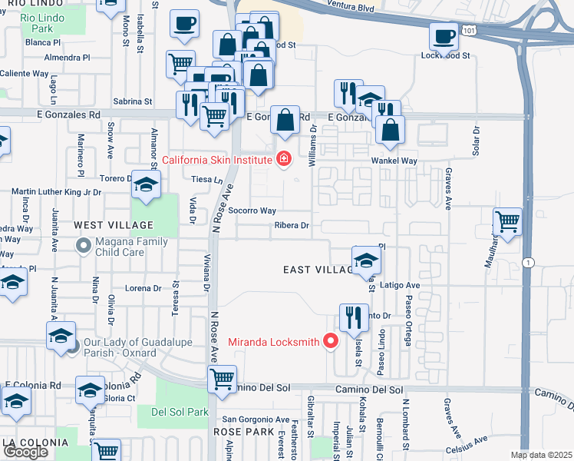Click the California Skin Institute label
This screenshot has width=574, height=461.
point(217,160)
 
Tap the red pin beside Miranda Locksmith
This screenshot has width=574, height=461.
point(332,341)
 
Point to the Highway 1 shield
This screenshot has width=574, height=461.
point(527,263)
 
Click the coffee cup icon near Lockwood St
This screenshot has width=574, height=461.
point(443,35)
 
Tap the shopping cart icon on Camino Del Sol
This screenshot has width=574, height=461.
point(222,378)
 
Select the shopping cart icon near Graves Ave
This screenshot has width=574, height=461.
point(508,221)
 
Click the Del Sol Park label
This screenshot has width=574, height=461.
point(180,412)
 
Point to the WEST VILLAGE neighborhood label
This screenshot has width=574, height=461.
point(114,225)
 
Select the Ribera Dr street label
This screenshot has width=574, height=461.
point(292,226)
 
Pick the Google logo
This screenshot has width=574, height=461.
point(25,452)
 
